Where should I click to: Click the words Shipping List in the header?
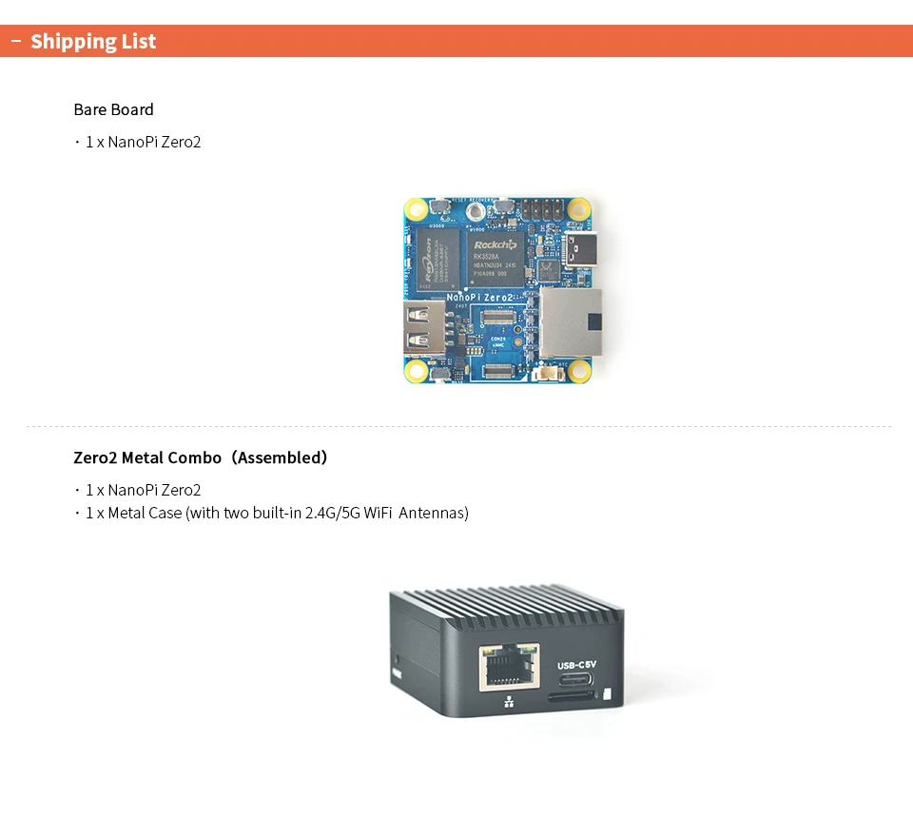[93, 42]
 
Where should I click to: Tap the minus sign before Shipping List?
[15, 41]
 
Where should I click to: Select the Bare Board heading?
[113, 109]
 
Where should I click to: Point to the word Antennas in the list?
[434, 514]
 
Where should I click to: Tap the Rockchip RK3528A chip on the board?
[495, 256]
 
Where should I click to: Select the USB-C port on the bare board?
[583, 249]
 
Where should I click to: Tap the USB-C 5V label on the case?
[575, 665]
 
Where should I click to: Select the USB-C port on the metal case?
[575, 680]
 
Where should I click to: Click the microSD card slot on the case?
[571, 697]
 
